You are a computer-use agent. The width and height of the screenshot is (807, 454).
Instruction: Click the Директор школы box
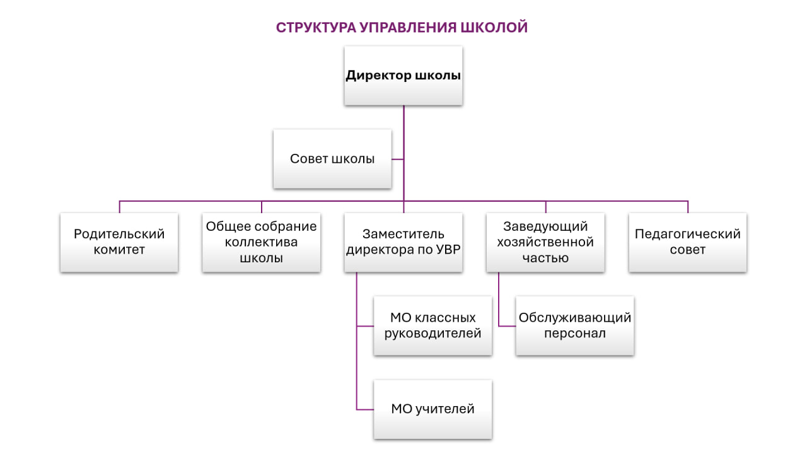[x=403, y=76]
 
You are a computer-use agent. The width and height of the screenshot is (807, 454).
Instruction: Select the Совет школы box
[x=332, y=159]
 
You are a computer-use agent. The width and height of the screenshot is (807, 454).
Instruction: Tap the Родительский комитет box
[x=119, y=242]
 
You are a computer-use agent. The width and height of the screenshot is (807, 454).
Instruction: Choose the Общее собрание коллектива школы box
[x=261, y=242]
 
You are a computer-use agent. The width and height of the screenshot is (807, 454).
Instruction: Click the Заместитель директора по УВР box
[x=403, y=242]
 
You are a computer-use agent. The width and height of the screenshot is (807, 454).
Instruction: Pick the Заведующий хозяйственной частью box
[x=545, y=242]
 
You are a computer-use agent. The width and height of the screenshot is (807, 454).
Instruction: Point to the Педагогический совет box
[x=687, y=242]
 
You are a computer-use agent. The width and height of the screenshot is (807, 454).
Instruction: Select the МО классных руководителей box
[x=433, y=325]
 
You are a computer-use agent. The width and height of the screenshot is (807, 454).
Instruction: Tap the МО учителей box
[x=433, y=409]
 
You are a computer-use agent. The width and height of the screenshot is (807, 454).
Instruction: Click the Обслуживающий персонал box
[x=574, y=325]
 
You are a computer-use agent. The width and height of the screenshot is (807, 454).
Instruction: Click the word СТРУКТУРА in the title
[x=316, y=28]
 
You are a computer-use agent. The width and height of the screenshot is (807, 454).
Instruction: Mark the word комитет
[x=119, y=250]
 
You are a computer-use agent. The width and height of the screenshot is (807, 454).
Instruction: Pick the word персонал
[x=574, y=334]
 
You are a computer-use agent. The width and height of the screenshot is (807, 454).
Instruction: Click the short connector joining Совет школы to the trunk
[x=397, y=159]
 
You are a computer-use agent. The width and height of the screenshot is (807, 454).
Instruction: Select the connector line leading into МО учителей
[x=366, y=409]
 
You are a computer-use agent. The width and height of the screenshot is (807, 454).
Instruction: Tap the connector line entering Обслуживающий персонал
[x=507, y=326]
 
